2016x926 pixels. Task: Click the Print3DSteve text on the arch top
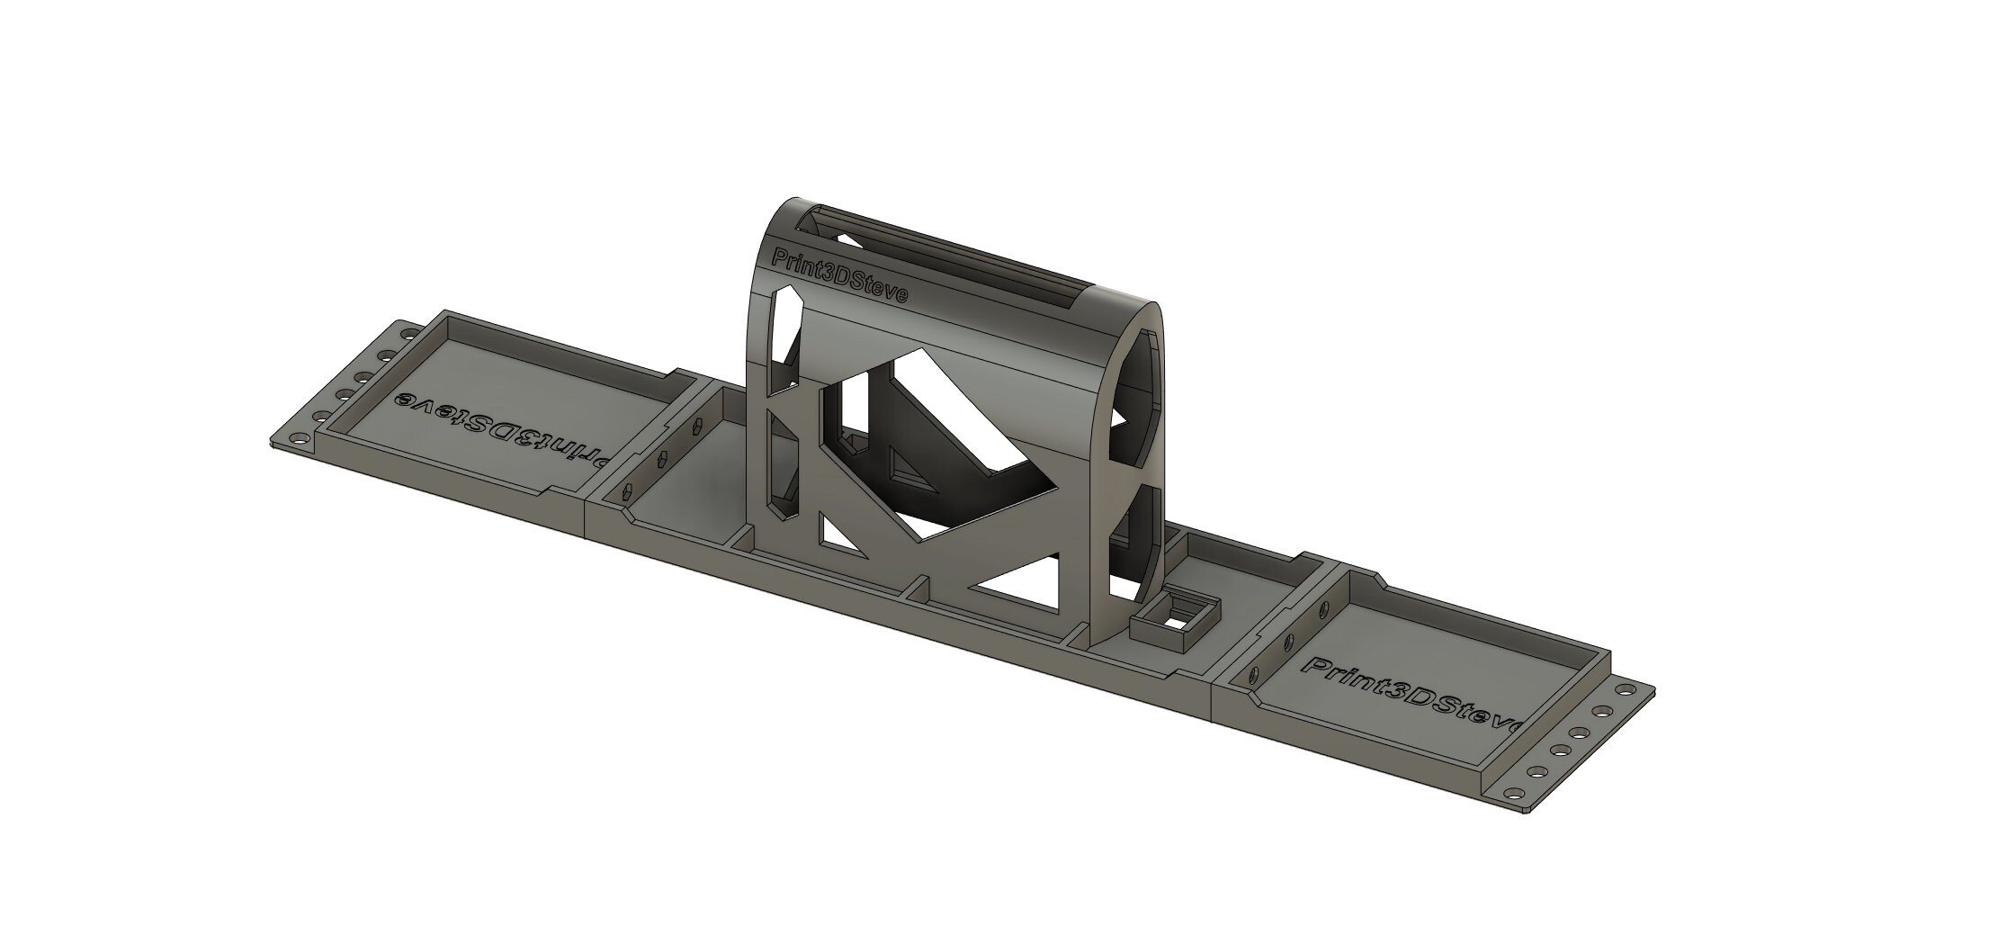pos(841,279)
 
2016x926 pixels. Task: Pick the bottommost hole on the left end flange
pos(298,440)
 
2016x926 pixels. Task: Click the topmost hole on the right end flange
pos(1624,691)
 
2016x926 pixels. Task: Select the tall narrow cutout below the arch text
pos(785,340)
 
